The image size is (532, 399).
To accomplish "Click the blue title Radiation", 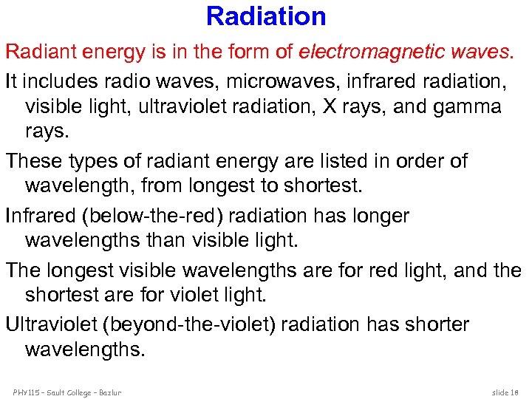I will click(266, 16).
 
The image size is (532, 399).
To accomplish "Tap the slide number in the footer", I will click(505, 392).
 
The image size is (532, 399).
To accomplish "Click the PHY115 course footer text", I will click(66, 392).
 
